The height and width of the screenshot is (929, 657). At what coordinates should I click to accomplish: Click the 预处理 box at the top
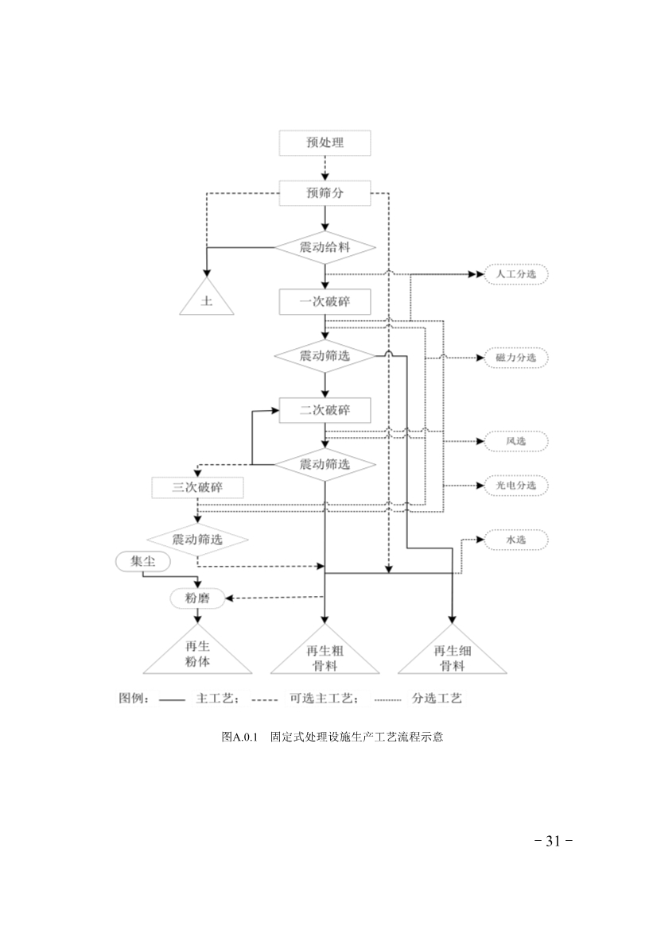[x=325, y=143]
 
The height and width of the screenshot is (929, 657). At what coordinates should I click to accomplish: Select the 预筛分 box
[x=325, y=192]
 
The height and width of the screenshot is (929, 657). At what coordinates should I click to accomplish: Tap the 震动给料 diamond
[x=325, y=246]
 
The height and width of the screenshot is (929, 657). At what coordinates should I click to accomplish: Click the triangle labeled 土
[x=207, y=301]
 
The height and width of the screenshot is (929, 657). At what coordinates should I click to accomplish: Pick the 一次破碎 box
[x=325, y=302]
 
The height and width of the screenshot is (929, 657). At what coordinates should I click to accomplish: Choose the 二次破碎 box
[x=325, y=411]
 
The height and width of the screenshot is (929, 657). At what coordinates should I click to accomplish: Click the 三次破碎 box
[x=197, y=487]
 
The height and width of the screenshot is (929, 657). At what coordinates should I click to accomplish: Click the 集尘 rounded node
[x=143, y=561]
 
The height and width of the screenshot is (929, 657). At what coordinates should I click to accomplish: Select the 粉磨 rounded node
[x=197, y=598]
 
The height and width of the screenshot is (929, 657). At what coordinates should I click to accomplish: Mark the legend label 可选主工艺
[x=325, y=699]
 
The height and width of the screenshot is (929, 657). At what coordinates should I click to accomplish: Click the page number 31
[x=554, y=841]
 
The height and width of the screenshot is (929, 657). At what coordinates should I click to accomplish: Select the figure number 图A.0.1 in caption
[x=241, y=737]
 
